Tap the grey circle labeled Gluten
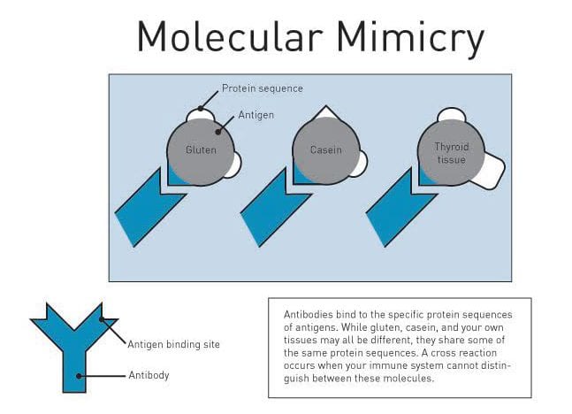(201, 151)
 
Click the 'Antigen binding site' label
(173, 344)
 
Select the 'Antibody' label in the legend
(149, 375)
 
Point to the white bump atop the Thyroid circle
(451, 115)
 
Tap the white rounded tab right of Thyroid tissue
(489, 172)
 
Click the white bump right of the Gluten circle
(234, 165)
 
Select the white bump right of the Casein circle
(361, 162)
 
